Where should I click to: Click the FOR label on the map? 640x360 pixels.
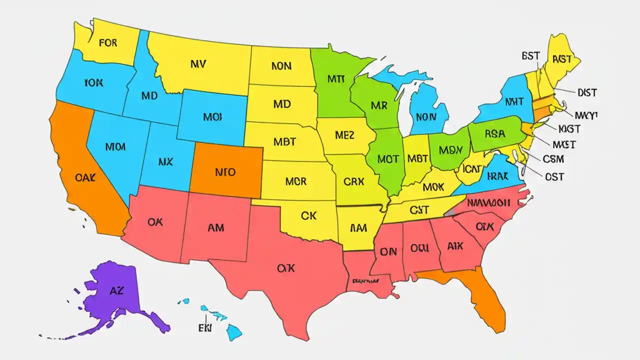(x=108, y=43)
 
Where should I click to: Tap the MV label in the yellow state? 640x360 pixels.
(x=198, y=64)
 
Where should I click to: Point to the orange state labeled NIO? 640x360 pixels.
(x=225, y=172)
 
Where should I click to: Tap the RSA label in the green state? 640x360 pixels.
(x=495, y=134)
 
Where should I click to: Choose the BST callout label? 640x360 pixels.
(x=530, y=56)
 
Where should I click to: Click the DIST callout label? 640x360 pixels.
(x=587, y=92)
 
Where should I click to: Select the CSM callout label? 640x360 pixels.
(x=553, y=159)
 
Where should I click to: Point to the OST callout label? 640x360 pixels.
(x=554, y=176)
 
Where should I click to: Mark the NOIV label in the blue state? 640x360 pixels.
(x=426, y=117)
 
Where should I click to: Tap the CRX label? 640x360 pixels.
(x=354, y=181)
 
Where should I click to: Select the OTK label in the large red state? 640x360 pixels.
(x=285, y=268)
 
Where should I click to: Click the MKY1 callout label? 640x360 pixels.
(x=586, y=115)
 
